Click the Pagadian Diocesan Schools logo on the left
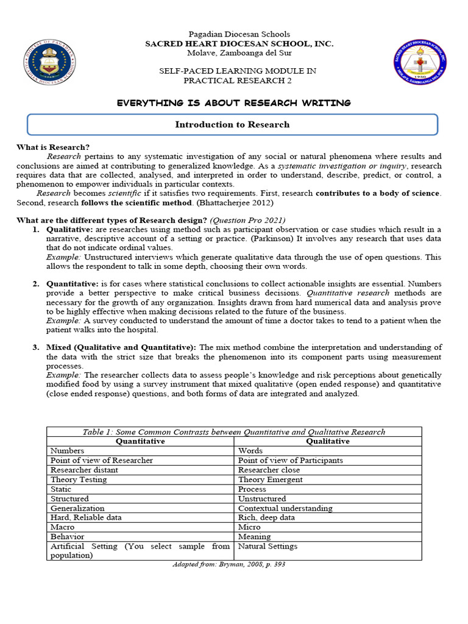[51, 62]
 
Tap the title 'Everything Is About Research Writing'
[233, 103]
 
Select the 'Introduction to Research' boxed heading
[232, 124]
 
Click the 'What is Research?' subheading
[53, 147]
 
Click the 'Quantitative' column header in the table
[140, 441]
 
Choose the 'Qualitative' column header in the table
[328, 441]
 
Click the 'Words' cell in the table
[250, 451]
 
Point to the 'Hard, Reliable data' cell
[86, 517]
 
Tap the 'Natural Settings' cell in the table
[268, 546]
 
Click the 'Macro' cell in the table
[63, 527]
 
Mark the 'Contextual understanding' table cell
[285, 508]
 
